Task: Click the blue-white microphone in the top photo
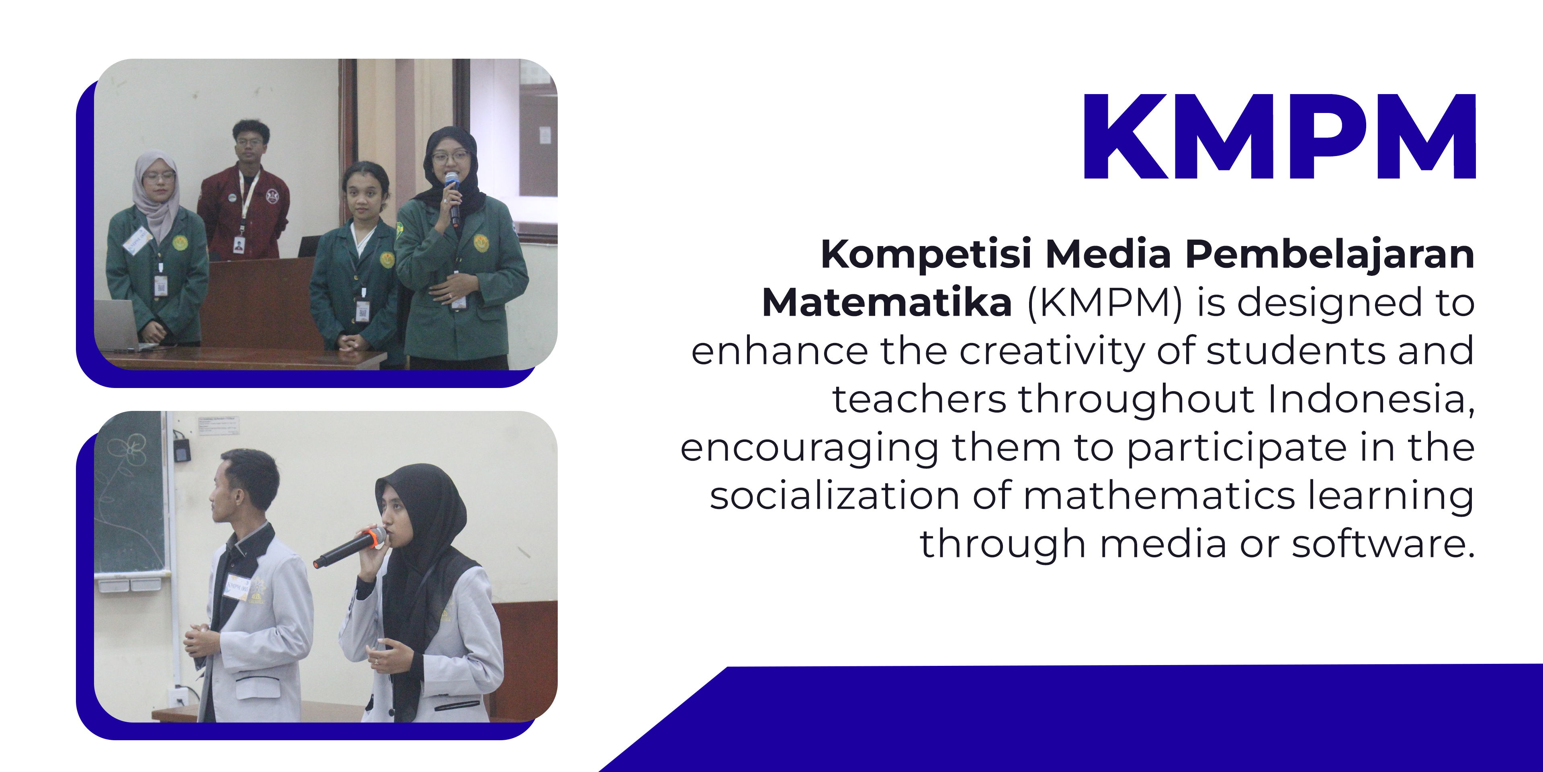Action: tap(453, 198)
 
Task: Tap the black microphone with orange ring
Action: tap(350, 547)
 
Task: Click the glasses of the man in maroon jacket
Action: tap(249, 143)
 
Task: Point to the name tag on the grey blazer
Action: tap(237, 587)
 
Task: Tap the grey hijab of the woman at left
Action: tap(156, 192)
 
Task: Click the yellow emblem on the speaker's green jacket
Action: tap(481, 243)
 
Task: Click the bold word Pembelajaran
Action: tap(1329, 254)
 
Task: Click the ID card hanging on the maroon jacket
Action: tap(238, 244)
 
